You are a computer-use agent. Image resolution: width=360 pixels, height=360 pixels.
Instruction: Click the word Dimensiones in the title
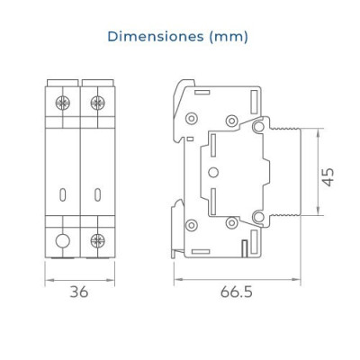(156, 37)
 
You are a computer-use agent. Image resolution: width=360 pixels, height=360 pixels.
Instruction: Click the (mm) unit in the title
(229, 37)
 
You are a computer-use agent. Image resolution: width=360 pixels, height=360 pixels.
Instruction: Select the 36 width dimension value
(79, 292)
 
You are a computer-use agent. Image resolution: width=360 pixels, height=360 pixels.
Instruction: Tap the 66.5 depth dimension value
(237, 292)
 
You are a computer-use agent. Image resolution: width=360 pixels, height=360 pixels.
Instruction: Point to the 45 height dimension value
(328, 177)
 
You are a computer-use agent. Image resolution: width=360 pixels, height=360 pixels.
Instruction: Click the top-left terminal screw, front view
(63, 103)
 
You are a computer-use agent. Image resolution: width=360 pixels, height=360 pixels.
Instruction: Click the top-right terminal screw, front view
(97, 103)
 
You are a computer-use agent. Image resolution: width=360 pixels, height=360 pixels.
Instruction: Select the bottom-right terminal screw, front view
(97, 240)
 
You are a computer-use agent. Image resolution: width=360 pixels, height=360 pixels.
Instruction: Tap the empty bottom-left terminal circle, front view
(63, 240)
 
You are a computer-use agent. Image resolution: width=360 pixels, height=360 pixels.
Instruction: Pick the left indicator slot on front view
(62, 194)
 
